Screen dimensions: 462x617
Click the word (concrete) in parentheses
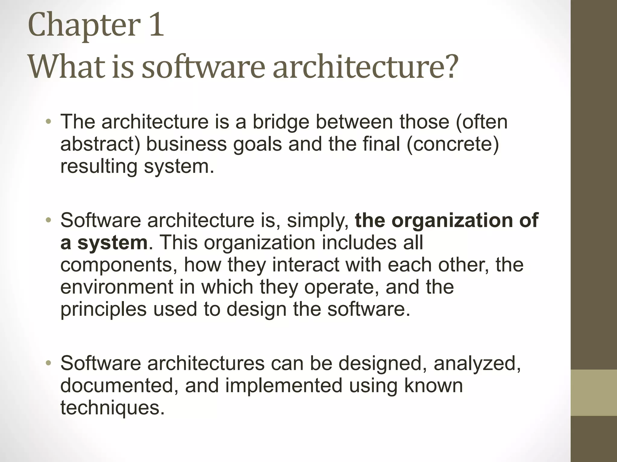coord(453,144)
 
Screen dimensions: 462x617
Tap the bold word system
coord(112,243)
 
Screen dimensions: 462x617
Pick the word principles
coord(103,309)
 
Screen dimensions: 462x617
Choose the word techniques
coord(112,408)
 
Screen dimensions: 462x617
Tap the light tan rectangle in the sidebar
coord(594,393)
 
